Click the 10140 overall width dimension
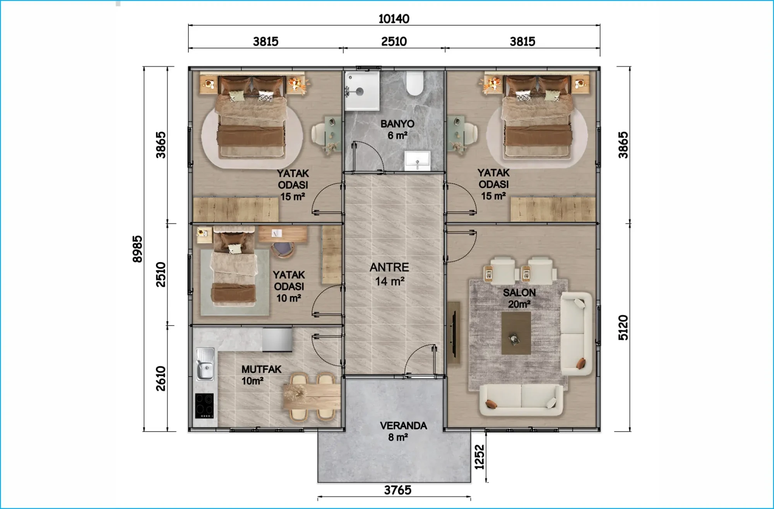(394, 19)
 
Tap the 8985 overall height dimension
(137, 249)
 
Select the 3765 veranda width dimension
(397, 490)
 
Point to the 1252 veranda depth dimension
(479, 457)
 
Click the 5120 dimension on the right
(623, 327)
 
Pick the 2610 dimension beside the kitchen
(161, 378)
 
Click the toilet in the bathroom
(414, 83)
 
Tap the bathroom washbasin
(417, 161)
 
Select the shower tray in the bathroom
(362, 91)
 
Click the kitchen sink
(205, 364)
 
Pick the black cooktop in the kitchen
(204, 406)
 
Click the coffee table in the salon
(516, 333)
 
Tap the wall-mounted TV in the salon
(454, 333)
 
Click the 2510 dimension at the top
(394, 41)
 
